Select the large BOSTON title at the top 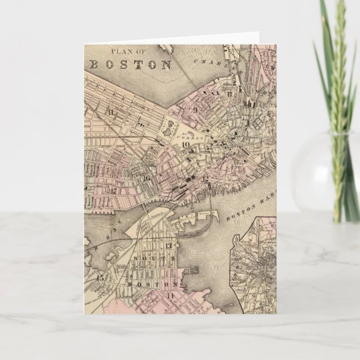point(131,65)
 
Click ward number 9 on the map point(195,107)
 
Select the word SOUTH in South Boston point(155,257)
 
